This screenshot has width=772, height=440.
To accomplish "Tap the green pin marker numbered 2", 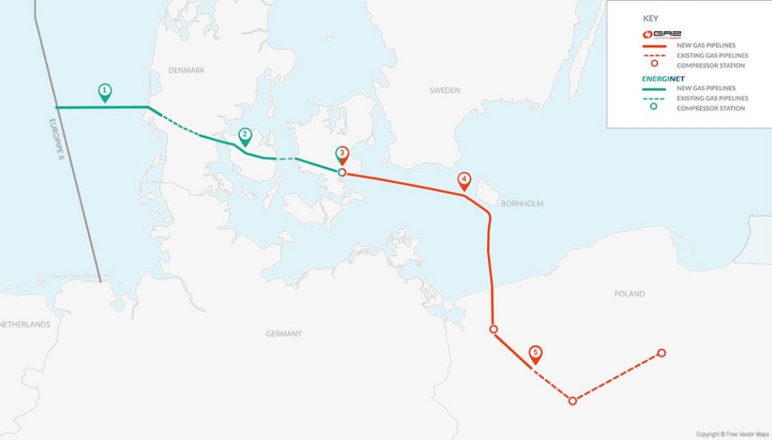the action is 244,136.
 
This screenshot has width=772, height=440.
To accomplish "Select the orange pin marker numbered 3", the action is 343,154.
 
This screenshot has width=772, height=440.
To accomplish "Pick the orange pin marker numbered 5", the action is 535,353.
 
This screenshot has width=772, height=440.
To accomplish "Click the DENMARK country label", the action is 187,70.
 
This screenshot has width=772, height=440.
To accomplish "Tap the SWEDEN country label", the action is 445,91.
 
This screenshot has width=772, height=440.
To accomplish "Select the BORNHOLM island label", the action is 522,204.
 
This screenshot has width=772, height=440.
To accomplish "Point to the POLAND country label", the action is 629,294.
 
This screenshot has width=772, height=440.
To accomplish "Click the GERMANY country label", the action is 284,334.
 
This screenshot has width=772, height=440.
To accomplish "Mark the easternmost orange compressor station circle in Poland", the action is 661,353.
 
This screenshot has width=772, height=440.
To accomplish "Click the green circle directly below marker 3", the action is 342,172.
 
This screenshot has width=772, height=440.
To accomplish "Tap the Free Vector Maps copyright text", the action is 732,434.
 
